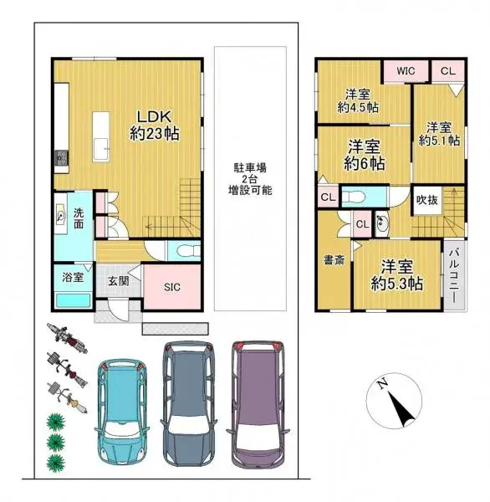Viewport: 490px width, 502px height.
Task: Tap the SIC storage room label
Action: point(171,287)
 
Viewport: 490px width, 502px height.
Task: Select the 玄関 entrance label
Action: point(117,282)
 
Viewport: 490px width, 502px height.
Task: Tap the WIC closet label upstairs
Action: point(406,71)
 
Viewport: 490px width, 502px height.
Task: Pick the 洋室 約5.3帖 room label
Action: point(396,275)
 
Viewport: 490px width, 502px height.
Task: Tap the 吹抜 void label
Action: point(426,201)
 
